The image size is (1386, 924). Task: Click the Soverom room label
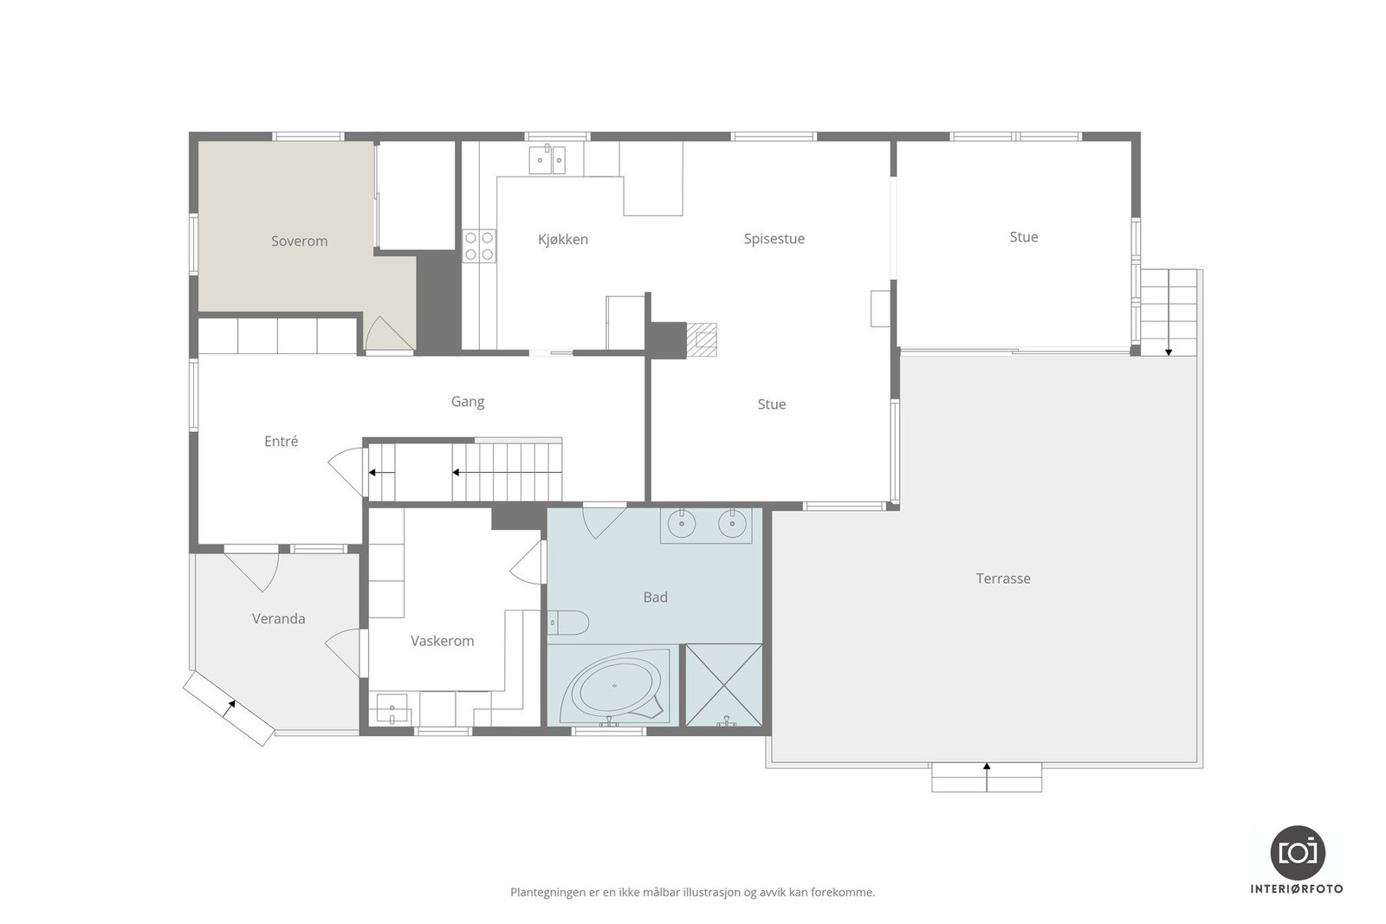[299, 242]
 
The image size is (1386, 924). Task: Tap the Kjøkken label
[562, 240]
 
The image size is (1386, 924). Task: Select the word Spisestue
[774, 239]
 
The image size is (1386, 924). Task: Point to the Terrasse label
[1003, 578]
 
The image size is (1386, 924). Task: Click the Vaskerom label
[442, 641]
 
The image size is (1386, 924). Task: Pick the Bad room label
[655, 597]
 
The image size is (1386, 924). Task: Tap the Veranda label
[278, 618]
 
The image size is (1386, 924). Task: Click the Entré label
[281, 441]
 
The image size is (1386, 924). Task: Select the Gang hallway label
[467, 401]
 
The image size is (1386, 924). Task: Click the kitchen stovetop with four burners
[478, 245]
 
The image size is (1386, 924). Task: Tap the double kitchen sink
[547, 159]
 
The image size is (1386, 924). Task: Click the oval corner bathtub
[614, 689]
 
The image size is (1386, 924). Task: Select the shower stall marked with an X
[723, 685]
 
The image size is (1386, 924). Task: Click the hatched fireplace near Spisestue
[702, 339]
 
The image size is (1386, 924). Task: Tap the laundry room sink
[392, 708]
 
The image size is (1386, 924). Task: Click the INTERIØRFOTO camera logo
[1297, 852]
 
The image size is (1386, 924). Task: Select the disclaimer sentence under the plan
[692, 892]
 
